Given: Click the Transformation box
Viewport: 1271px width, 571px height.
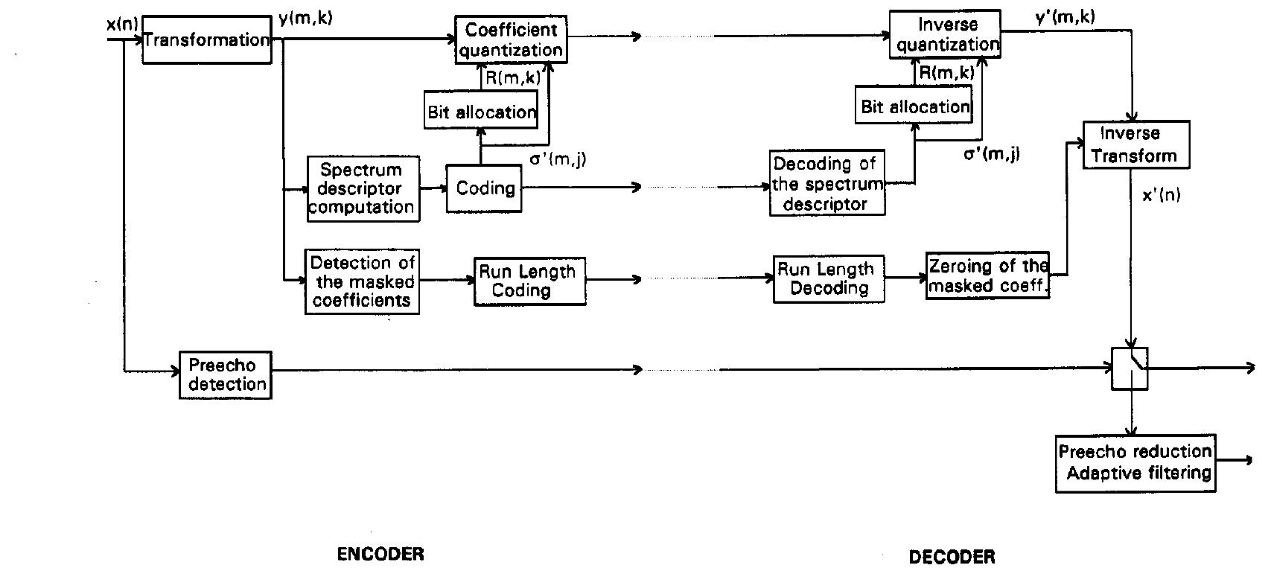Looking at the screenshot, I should [x=206, y=39].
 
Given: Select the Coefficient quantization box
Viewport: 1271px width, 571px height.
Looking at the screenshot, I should [x=511, y=40].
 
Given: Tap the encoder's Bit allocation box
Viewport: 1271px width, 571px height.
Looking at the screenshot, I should [x=481, y=112].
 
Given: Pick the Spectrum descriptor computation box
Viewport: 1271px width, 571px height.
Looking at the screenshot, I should [x=363, y=188].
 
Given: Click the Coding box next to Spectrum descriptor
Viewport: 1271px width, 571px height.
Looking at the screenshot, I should [x=485, y=188].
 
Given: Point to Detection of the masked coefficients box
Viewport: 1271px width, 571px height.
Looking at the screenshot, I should [x=362, y=281].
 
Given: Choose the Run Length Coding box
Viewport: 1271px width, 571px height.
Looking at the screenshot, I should [x=529, y=281].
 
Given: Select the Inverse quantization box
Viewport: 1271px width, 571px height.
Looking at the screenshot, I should [x=946, y=35].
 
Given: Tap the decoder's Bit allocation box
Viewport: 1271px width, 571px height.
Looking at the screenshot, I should [x=914, y=106].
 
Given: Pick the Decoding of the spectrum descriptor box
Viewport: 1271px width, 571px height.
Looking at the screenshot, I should [x=826, y=183].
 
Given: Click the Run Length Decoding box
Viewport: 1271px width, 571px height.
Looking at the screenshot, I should [x=828, y=278].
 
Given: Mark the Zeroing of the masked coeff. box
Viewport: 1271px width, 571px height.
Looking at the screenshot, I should [x=987, y=275].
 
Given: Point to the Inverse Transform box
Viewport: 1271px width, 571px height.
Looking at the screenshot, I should [x=1135, y=144].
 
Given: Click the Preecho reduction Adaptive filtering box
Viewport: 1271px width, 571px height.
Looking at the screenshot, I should [x=1135, y=462].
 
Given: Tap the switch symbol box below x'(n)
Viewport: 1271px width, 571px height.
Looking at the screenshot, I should [x=1130, y=369].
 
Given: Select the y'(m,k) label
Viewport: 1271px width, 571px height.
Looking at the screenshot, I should [x=1065, y=16].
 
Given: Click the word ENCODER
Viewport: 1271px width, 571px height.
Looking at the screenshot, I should [x=380, y=554].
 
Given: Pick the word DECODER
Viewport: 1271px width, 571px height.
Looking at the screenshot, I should [x=952, y=556].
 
